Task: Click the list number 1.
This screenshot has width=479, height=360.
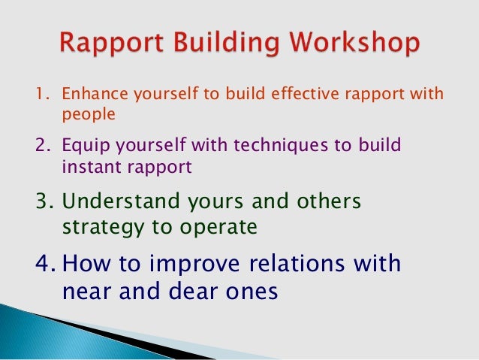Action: click(41, 96)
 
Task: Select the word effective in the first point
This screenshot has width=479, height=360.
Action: click(303, 96)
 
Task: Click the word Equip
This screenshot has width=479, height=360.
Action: click(81, 146)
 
